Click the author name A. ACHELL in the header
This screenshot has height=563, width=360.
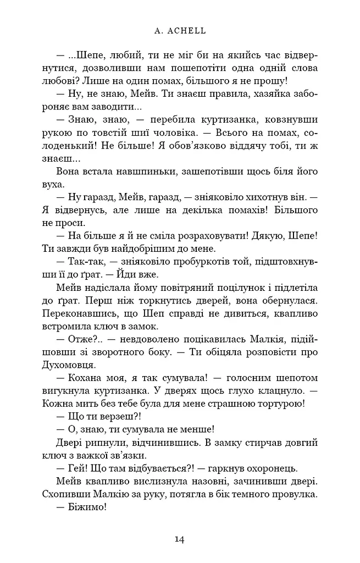(x=180, y=31)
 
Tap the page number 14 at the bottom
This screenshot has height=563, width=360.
(x=180, y=539)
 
